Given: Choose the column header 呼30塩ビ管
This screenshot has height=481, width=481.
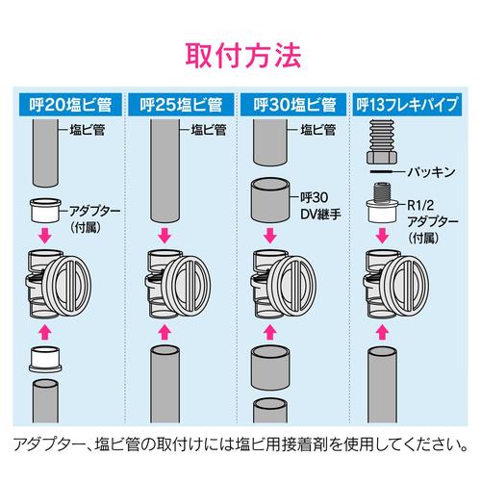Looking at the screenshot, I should tap(294, 103).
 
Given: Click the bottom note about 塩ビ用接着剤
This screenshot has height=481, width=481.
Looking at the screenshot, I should tap(240, 443).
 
